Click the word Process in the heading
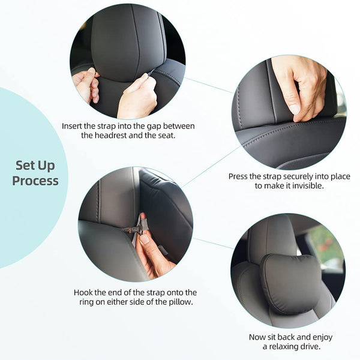pos(35,182)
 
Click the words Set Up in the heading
pos(35,166)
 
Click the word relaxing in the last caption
pos(284,346)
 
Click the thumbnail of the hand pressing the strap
pos(289,112)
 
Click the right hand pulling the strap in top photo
pos(138,97)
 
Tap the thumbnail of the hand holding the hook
pos(136,224)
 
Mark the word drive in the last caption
pos(311,346)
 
